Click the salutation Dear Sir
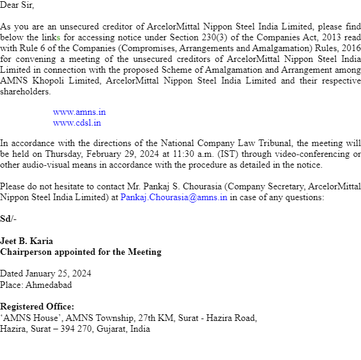pos(17,5)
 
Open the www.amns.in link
pos(79,112)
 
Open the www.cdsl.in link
pos(77,123)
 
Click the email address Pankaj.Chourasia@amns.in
pos(174,197)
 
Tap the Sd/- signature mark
pos(8,218)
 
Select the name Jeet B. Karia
pos(26,241)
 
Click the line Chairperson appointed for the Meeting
pos(81,252)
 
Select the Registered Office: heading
pos(37,307)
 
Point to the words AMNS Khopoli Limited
pos(40,81)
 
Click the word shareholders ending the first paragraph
pos(25,92)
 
